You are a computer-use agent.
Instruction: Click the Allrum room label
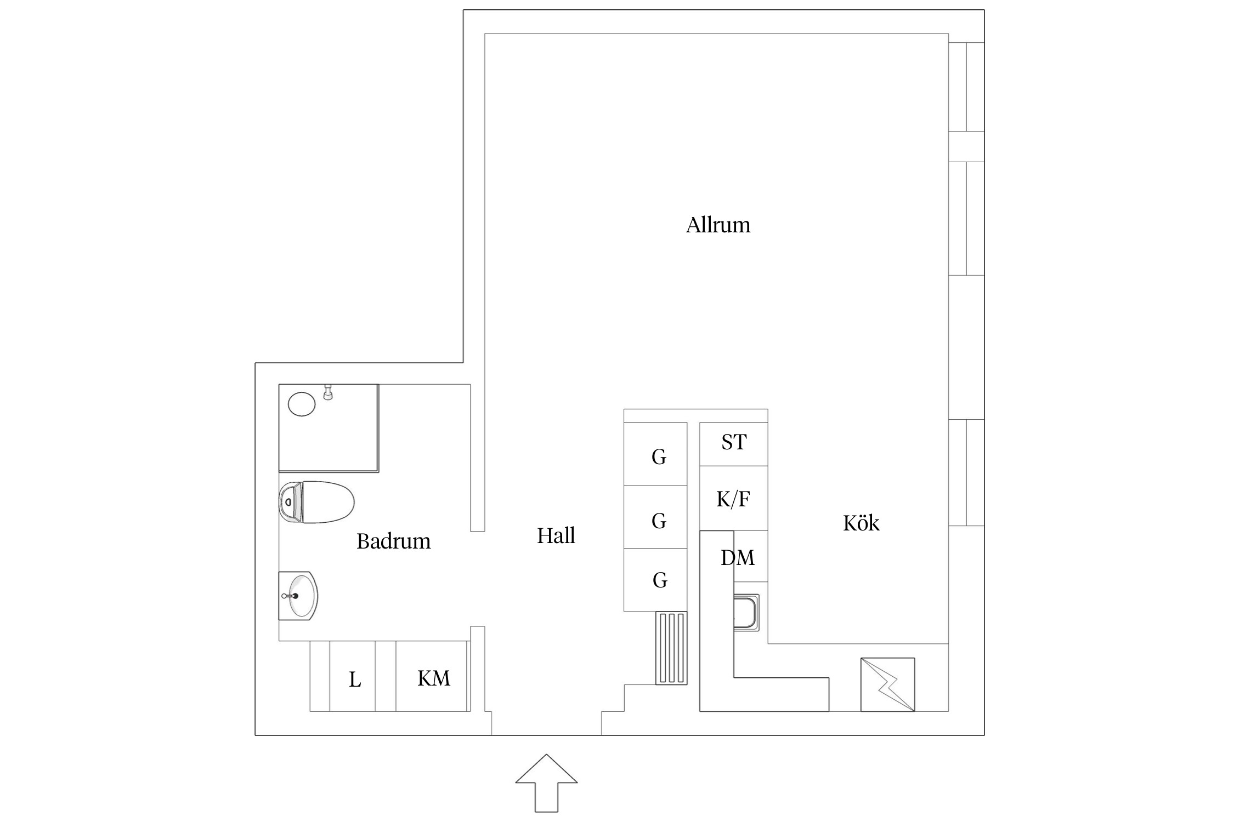click(x=718, y=225)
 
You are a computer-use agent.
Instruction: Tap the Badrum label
click(x=394, y=541)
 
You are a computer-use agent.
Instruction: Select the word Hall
click(x=556, y=536)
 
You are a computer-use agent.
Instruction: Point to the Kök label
click(x=861, y=523)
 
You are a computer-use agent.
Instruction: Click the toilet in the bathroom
click(x=316, y=502)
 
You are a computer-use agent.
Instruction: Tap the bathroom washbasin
click(x=298, y=596)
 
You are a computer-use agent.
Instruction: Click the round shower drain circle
click(x=302, y=404)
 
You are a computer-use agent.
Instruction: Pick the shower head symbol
click(x=328, y=392)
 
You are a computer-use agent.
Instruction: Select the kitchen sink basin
click(x=746, y=612)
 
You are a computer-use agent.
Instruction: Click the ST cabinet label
click(x=734, y=442)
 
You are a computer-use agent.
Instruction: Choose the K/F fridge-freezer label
click(x=733, y=499)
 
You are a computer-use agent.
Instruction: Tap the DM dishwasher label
click(x=738, y=558)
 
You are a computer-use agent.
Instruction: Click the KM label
click(x=434, y=678)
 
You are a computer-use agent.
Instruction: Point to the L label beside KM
click(x=355, y=680)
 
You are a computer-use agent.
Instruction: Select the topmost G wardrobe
click(x=655, y=454)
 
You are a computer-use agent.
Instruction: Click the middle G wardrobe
click(x=655, y=517)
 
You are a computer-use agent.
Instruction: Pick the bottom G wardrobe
click(x=655, y=580)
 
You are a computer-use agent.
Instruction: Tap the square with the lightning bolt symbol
click(x=888, y=684)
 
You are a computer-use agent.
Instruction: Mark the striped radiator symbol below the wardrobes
click(x=671, y=648)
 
